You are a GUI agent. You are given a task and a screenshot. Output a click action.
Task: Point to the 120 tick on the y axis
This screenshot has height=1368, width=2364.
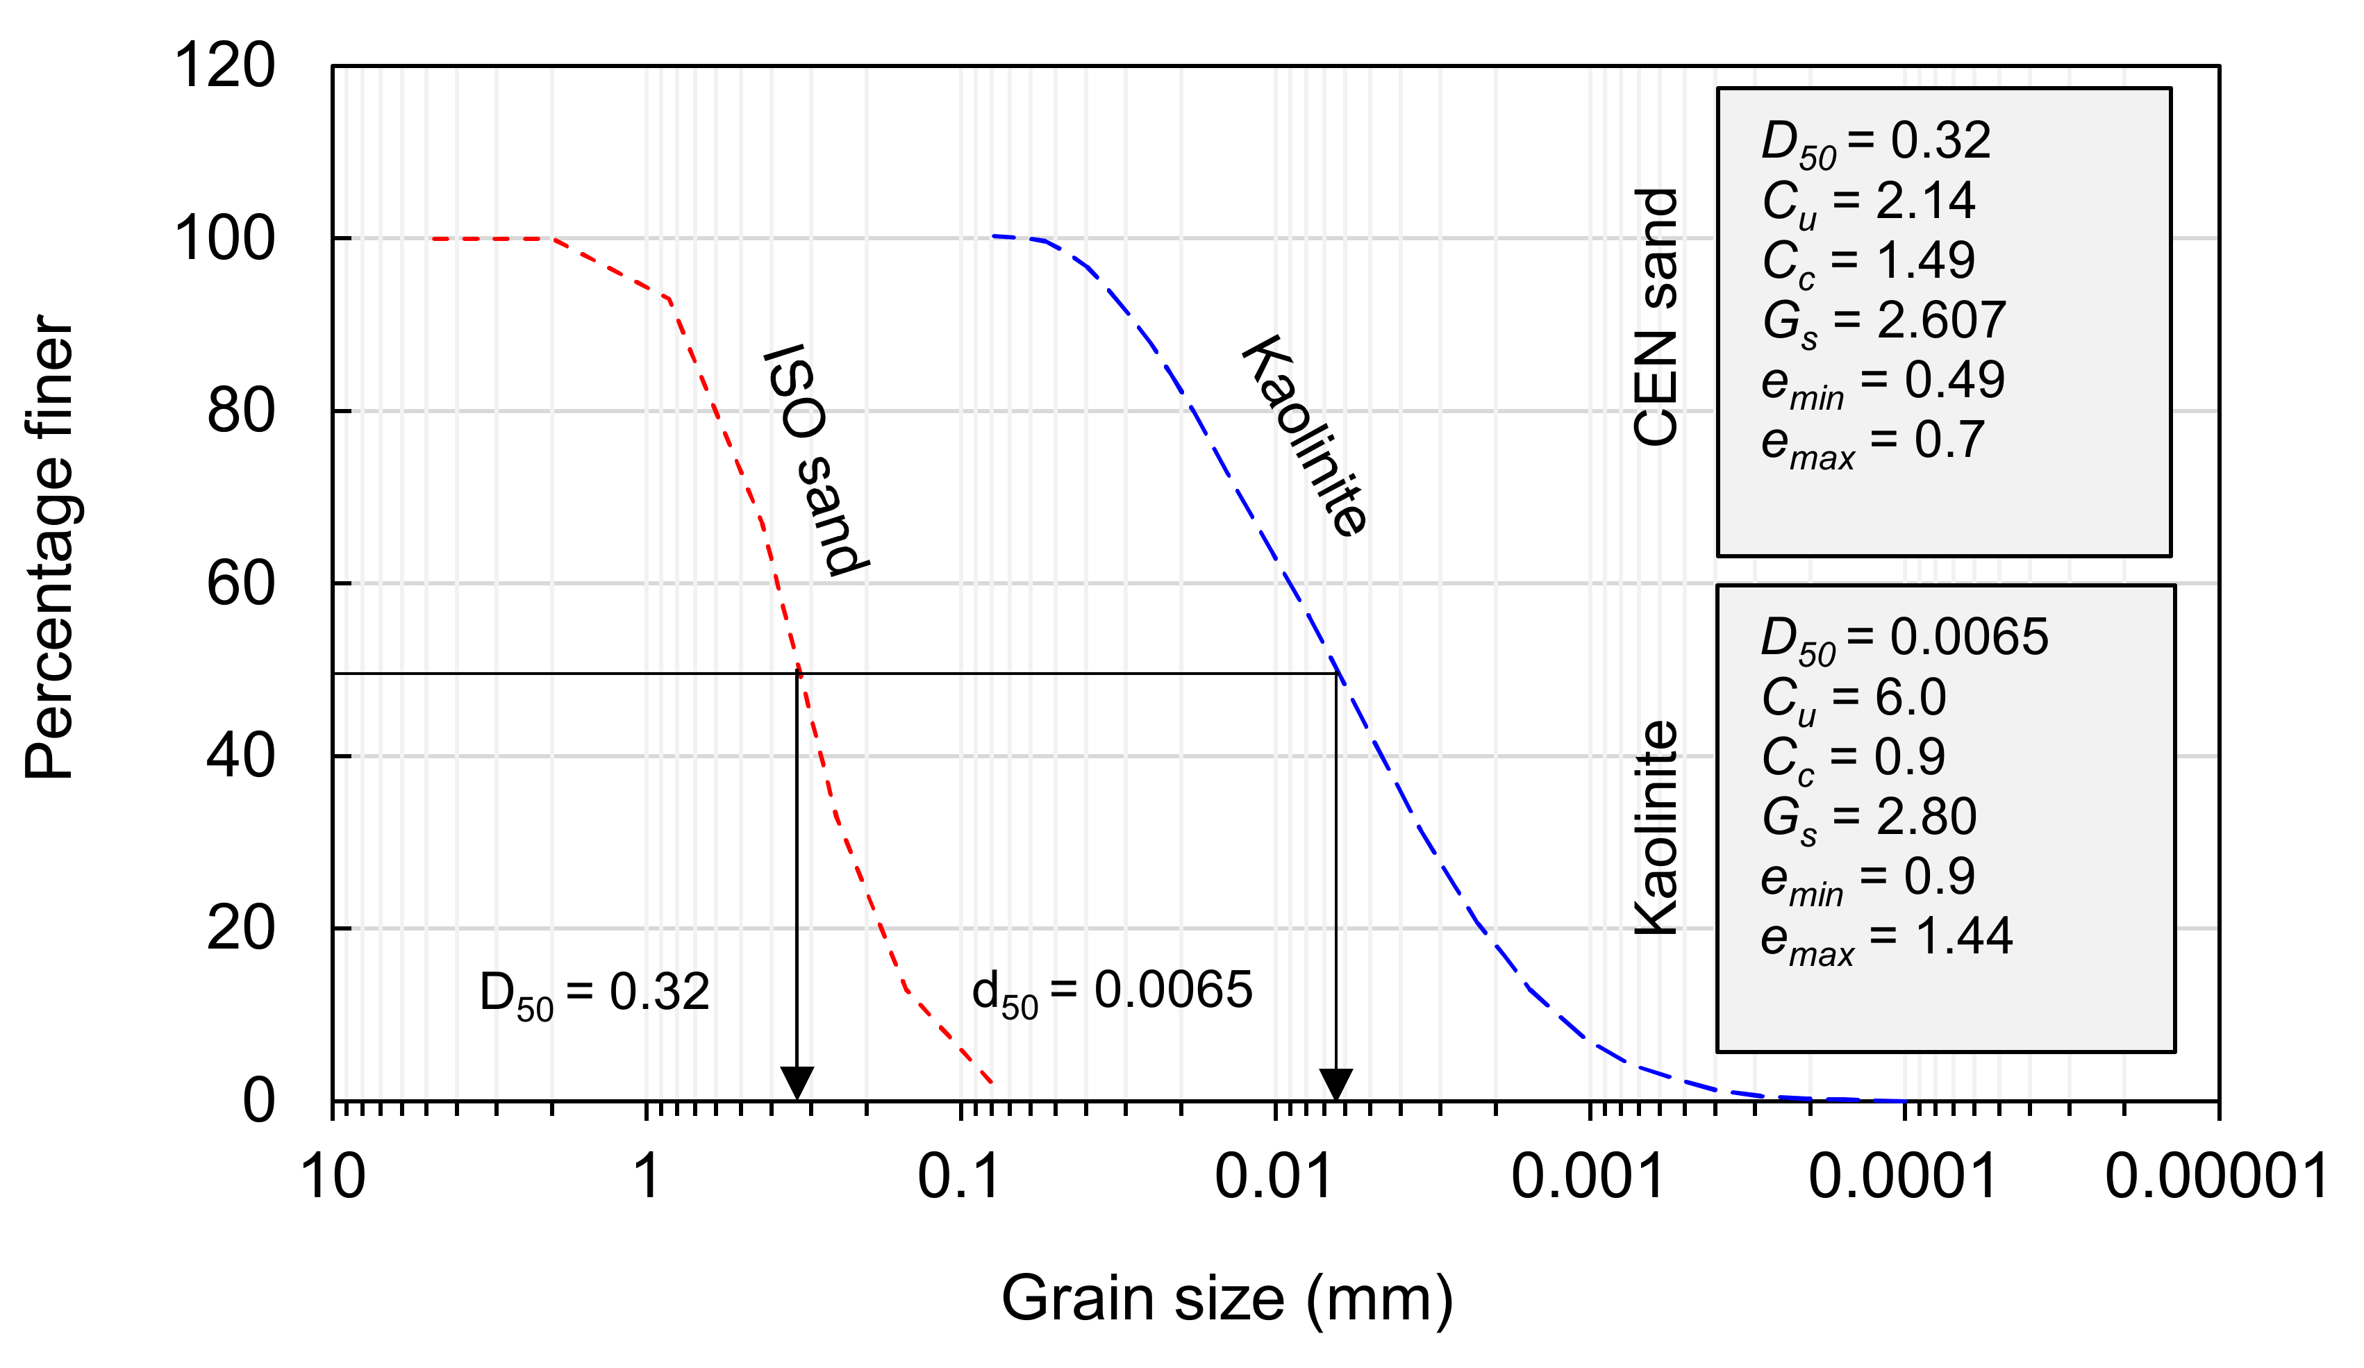tap(225, 66)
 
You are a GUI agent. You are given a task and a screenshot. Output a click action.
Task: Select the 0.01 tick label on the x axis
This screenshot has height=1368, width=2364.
tap(1273, 1176)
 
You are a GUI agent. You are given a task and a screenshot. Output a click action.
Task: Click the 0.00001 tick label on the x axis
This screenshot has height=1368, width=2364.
tap(2216, 1176)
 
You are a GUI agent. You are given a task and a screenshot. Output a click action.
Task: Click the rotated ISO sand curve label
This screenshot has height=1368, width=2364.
tap(814, 460)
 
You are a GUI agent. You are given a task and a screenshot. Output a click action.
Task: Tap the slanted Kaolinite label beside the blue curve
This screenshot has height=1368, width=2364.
tap(1304, 436)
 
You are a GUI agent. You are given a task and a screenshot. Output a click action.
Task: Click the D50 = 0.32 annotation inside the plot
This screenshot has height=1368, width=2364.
tap(594, 993)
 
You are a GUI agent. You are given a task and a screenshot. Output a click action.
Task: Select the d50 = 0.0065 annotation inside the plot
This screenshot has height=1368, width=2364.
tap(1112, 991)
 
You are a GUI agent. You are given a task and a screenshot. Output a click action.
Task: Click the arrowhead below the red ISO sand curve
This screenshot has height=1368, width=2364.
tap(797, 1082)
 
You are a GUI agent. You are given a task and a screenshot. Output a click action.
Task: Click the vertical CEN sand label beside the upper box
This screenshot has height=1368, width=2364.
tap(1655, 317)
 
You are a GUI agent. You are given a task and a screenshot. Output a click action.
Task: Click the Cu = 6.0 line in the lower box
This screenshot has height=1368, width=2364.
tap(1853, 698)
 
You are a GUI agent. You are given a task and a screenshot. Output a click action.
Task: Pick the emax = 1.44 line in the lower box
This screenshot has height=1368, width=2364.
tap(1885, 938)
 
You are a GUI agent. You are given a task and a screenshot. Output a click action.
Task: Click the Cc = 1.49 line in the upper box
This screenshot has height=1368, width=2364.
tap(1867, 262)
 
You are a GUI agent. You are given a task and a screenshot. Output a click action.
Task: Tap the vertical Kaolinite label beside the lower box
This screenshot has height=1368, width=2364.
tap(1655, 828)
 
